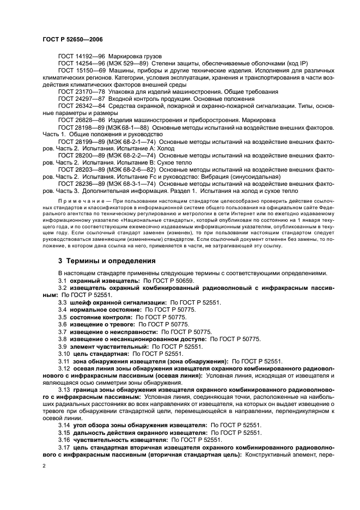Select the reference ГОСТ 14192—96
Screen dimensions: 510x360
coord(82,57)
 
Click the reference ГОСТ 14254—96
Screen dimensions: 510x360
coord(82,64)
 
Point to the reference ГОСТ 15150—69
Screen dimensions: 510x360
coord(82,71)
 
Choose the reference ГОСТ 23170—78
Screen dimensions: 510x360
coord(82,92)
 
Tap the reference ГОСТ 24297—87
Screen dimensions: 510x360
coord(82,99)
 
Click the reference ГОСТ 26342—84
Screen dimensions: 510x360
coord(82,106)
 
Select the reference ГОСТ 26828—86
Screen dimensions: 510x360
coord(82,120)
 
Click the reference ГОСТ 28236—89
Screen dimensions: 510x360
coord(82,184)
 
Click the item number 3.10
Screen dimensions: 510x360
coord(64,353)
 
